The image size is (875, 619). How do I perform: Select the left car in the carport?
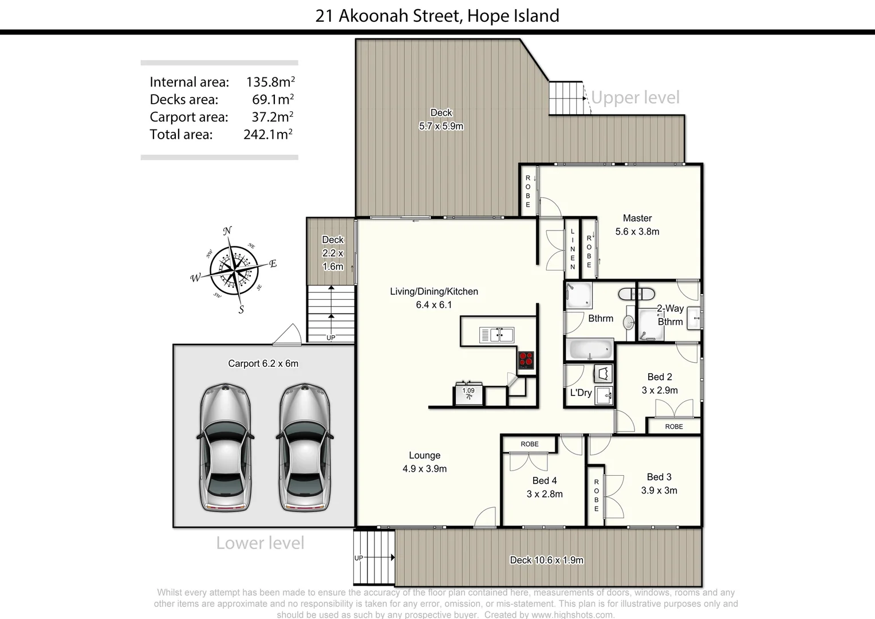(225, 448)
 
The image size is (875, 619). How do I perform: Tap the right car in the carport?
(304, 448)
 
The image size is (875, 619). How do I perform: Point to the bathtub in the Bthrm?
(590, 349)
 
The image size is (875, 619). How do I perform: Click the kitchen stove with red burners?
(526, 360)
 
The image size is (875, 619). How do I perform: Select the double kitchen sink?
(496, 335)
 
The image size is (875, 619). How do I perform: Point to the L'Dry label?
(581, 393)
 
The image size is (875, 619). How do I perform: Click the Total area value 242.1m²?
(268, 134)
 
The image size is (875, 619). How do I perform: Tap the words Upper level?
(635, 97)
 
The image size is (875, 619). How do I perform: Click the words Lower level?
(260, 543)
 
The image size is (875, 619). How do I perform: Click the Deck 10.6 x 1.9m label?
(546, 560)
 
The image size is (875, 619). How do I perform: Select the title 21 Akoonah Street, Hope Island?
(437, 15)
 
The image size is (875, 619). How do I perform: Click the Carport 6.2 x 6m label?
(263, 363)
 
